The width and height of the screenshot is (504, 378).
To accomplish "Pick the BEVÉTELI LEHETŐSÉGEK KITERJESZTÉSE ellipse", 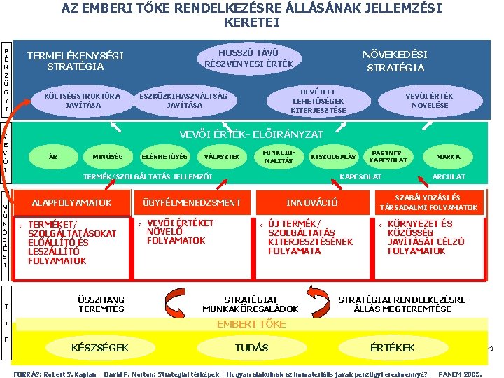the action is click(318, 101).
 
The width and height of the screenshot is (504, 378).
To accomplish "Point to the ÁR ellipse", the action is click(53, 156).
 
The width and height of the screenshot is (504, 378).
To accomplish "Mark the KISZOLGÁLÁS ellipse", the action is click(333, 156).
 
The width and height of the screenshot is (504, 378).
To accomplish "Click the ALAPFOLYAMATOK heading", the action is click(72, 203).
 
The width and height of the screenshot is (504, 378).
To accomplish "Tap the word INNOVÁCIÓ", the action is click(312, 203).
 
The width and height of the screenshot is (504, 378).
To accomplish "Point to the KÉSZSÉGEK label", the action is click(100, 348).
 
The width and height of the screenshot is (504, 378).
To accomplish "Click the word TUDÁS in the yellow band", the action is click(251, 348).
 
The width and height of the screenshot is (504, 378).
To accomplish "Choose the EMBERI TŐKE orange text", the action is click(251, 324).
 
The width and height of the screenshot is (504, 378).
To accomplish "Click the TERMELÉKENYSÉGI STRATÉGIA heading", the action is click(75, 61).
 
